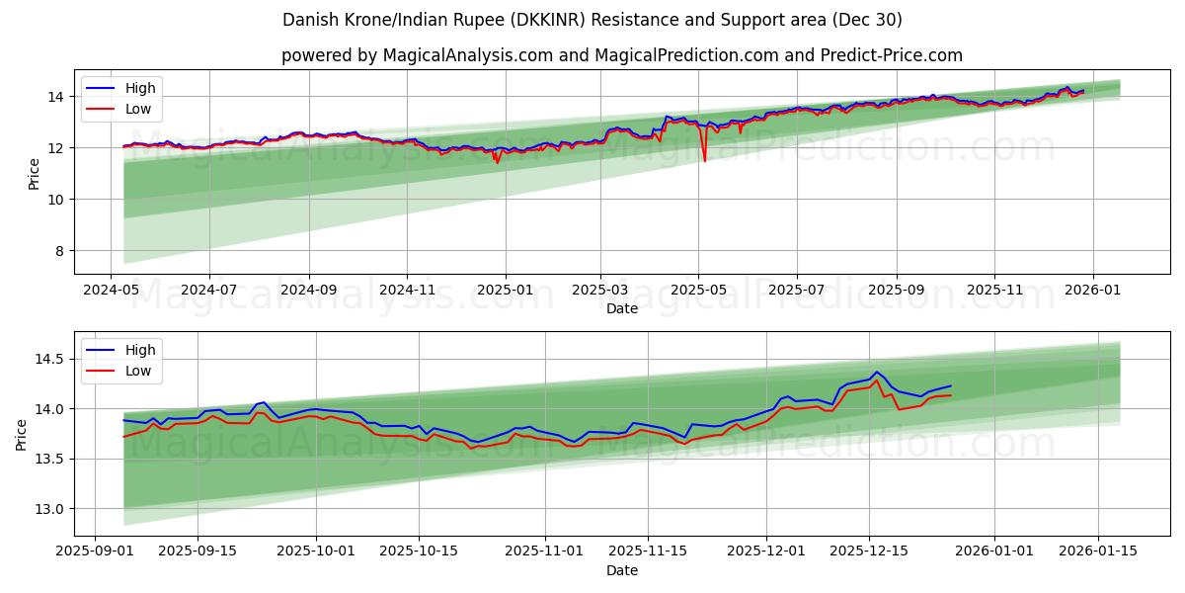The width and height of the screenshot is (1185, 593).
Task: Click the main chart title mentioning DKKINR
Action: point(592,20)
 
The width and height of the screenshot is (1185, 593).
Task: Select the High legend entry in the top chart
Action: point(139,88)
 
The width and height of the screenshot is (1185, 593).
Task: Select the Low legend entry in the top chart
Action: point(138,110)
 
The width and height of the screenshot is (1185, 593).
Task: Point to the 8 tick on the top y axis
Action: point(59,251)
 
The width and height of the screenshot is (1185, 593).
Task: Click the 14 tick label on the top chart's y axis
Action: point(55,97)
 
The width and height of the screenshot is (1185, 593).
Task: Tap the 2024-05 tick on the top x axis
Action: point(111,292)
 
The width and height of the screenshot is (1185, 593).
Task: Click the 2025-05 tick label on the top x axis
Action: point(698,292)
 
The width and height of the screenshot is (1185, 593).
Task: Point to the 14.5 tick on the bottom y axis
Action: point(49,359)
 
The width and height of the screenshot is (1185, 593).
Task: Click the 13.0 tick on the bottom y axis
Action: point(49,509)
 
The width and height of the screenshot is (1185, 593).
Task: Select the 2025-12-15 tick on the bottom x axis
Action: point(869,551)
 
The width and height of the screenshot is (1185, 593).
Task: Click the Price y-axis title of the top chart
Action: point(34,174)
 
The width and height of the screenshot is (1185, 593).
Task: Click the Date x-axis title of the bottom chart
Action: point(622,570)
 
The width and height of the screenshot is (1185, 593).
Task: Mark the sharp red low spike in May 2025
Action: point(704,160)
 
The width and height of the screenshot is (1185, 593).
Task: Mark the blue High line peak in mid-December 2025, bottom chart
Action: point(876,372)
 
